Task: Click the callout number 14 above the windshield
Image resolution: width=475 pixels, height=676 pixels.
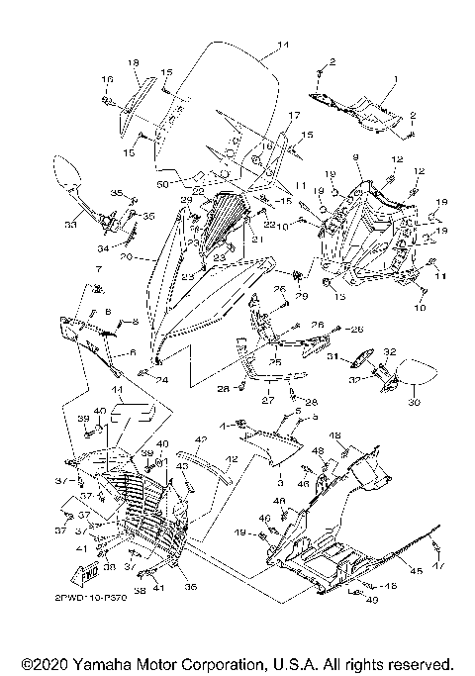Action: [x=283, y=46]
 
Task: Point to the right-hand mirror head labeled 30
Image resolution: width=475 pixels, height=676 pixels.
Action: [x=418, y=375]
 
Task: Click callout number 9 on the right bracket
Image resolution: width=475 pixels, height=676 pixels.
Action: [x=355, y=157]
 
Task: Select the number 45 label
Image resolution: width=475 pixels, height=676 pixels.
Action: [x=416, y=571]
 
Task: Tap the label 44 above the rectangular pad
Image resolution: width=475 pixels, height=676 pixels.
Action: [x=117, y=392]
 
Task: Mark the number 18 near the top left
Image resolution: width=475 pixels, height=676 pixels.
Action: [x=132, y=63]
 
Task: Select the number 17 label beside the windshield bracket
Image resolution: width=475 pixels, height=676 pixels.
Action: [x=293, y=117]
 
